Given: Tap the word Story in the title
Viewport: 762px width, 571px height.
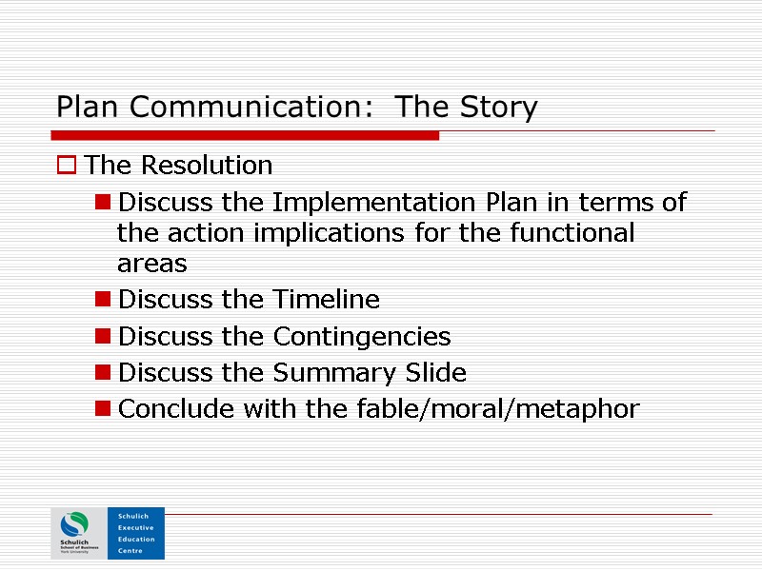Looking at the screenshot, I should [496, 108].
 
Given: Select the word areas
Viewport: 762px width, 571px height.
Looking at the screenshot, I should [151, 264].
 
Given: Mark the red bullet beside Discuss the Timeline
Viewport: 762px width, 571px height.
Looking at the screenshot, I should [102, 301].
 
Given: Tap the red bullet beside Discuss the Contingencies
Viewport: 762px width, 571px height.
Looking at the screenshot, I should [102, 337].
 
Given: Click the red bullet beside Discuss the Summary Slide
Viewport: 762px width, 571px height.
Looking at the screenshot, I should [102, 373].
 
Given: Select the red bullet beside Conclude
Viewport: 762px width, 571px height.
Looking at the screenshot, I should [102, 409].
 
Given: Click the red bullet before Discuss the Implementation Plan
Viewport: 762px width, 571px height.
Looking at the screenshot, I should [102, 204].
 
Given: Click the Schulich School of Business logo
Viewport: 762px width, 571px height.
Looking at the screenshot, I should [78, 533].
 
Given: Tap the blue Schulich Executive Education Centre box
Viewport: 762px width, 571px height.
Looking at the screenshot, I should [135, 533].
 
